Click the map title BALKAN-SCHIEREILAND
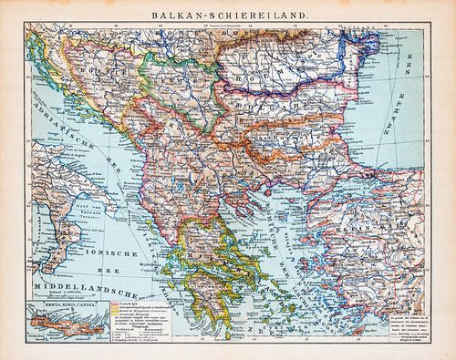click(227, 11)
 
